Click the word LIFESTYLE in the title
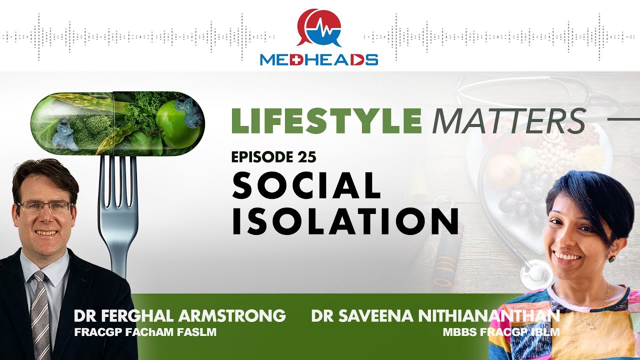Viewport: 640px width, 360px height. click(x=326, y=120)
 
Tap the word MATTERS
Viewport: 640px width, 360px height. click(x=508, y=120)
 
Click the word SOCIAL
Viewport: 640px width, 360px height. click(x=306, y=186)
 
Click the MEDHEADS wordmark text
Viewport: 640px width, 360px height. click(x=318, y=60)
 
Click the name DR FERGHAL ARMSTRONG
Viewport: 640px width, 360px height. click(x=179, y=316)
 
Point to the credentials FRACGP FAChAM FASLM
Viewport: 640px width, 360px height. click(x=145, y=332)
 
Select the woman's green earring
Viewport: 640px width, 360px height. click(x=611, y=258)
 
